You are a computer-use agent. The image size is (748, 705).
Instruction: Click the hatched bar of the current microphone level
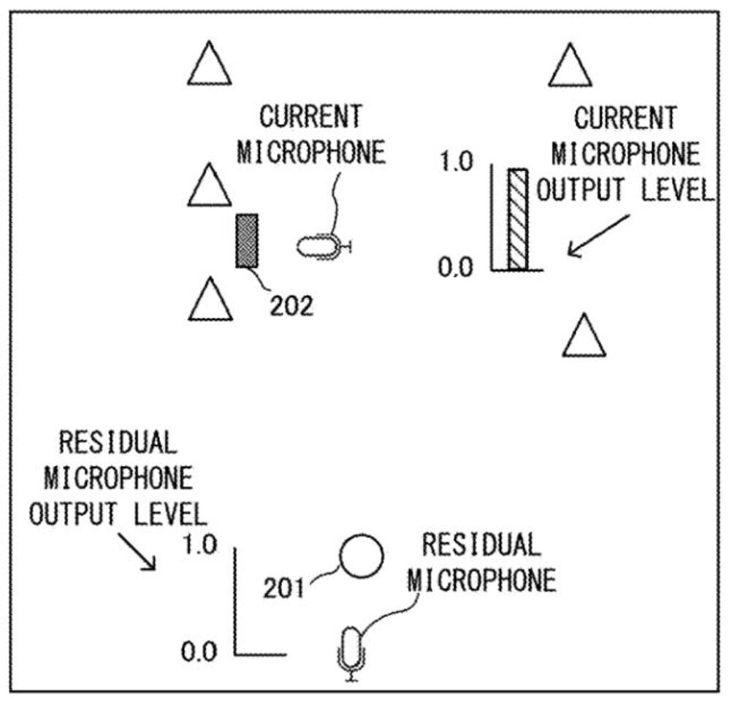[518, 219]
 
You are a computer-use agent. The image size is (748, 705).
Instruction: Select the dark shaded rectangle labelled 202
[247, 241]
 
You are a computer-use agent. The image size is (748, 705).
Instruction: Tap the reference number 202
[291, 306]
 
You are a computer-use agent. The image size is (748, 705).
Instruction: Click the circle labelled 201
[361, 556]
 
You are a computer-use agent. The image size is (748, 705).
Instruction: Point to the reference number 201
[283, 588]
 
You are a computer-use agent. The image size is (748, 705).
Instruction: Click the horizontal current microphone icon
[324, 247]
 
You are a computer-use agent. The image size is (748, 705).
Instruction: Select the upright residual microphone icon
[352, 653]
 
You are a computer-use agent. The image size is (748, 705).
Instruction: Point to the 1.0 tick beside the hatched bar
[456, 161]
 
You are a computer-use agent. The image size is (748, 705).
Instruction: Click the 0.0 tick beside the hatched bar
[456, 267]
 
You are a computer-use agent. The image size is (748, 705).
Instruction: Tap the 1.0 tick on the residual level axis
[200, 545]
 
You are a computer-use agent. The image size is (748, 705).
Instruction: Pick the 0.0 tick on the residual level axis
[199, 652]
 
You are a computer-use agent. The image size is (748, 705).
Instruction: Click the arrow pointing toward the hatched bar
[598, 236]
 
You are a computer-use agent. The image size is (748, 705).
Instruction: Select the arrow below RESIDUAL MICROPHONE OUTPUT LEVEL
[137, 552]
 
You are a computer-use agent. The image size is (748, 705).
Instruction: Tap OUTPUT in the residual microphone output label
[73, 514]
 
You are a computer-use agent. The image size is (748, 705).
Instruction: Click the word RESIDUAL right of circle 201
[482, 545]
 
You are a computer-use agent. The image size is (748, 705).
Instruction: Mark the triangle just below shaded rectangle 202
[210, 299]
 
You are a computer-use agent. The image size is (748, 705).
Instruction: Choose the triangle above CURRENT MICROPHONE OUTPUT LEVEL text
[570, 65]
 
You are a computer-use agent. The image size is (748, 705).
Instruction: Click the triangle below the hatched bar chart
[584, 335]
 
